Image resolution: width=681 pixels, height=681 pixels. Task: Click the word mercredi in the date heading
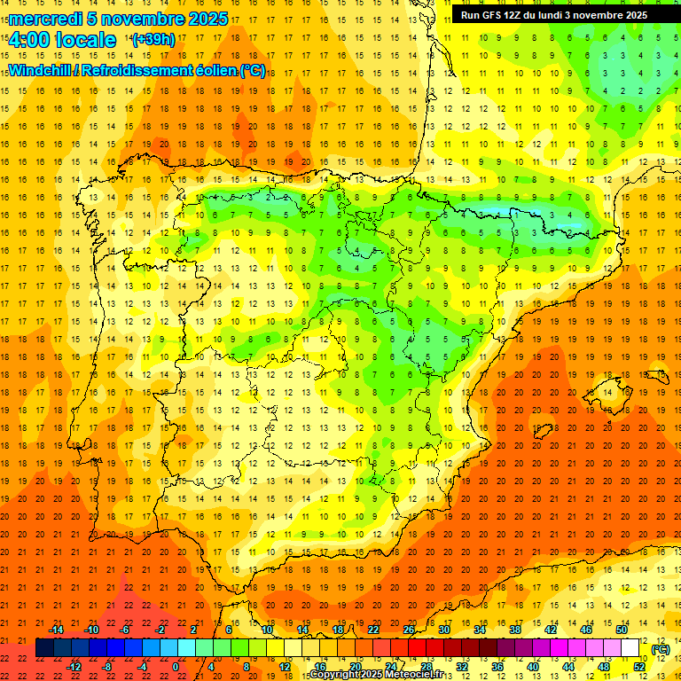coord(45,20)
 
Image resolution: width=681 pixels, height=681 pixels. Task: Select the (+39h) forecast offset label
coord(153,40)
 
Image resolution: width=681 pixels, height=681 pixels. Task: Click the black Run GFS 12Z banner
coord(553,15)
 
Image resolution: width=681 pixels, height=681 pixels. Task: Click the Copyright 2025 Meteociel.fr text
coord(376,675)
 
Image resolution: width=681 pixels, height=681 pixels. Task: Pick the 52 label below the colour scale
coord(639,666)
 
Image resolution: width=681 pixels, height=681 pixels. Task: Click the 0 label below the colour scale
coord(176,666)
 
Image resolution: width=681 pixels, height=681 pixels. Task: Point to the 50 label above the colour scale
coord(622,630)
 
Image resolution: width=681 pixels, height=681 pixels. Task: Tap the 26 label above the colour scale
coord(409,630)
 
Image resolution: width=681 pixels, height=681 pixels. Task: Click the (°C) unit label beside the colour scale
coord(660,649)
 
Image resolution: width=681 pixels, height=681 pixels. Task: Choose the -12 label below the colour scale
coord(74,666)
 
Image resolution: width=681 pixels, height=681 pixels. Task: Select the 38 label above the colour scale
coord(515,630)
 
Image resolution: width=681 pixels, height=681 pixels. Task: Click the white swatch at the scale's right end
coord(630,648)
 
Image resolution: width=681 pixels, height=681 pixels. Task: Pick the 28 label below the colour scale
coord(427,666)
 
